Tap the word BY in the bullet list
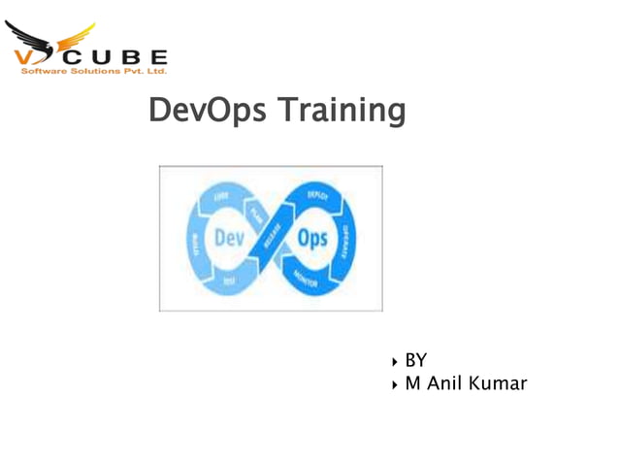(415, 360)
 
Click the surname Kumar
(496, 383)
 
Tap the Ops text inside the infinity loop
(312, 238)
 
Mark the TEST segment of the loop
(228, 281)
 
